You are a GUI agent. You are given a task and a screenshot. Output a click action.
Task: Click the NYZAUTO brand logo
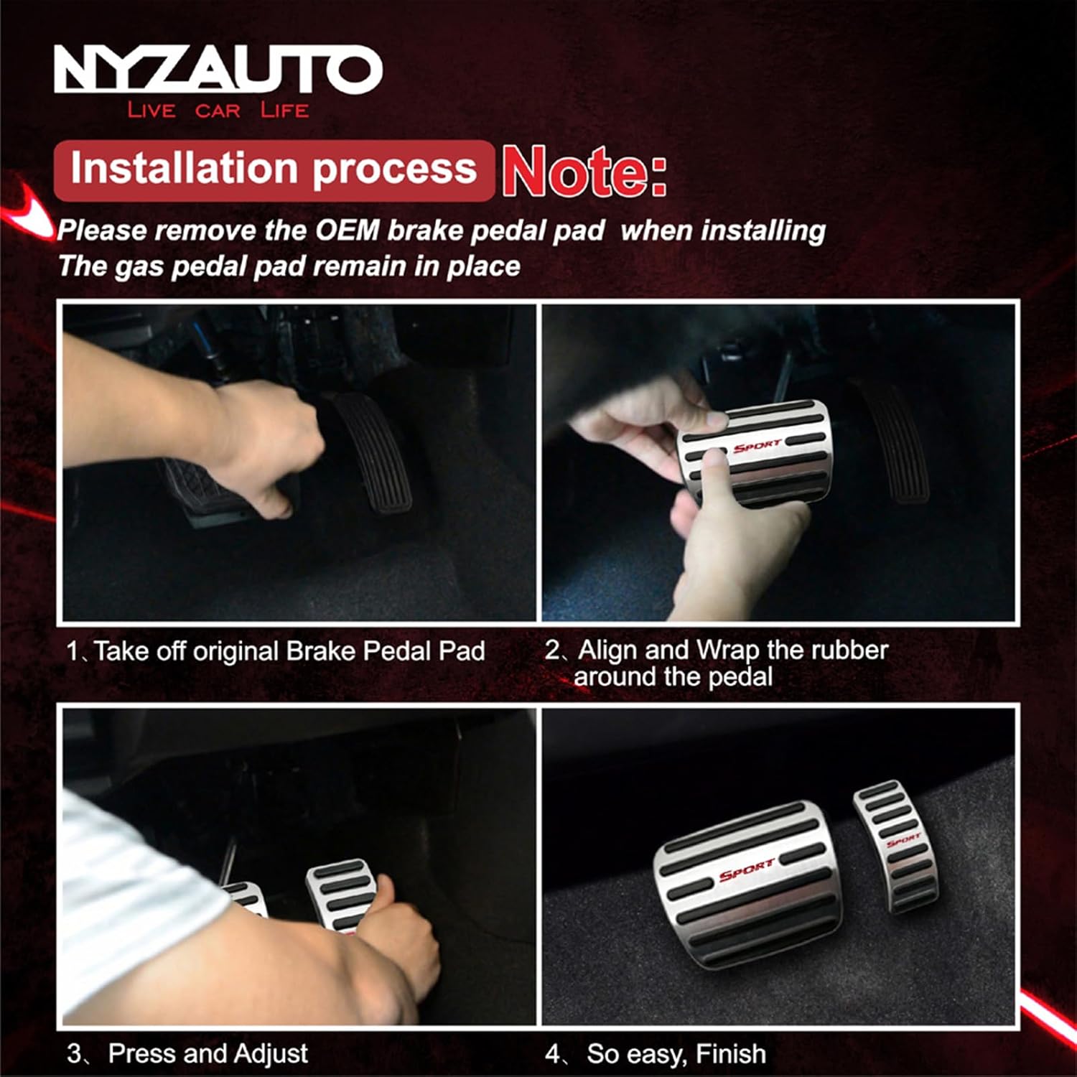pyautogui.click(x=218, y=69)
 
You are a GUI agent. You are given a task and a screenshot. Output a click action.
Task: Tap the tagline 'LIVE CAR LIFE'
pyautogui.click(x=218, y=110)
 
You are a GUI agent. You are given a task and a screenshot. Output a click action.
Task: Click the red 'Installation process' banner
pyautogui.click(x=274, y=169)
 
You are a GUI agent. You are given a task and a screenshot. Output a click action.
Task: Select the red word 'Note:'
pyautogui.click(x=584, y=171)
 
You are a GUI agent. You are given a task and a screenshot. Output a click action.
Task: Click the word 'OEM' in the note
pyautogui.click(x=347, y=230)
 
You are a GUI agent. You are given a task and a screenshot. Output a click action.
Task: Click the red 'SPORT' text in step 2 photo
pyautogui.click(x=756, y=446)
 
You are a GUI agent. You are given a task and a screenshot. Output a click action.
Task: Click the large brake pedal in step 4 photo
pyautogui.click(x=747, y=883)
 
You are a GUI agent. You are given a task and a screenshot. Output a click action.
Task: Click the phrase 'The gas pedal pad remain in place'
pyautogui.click(x=289, y=266)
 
